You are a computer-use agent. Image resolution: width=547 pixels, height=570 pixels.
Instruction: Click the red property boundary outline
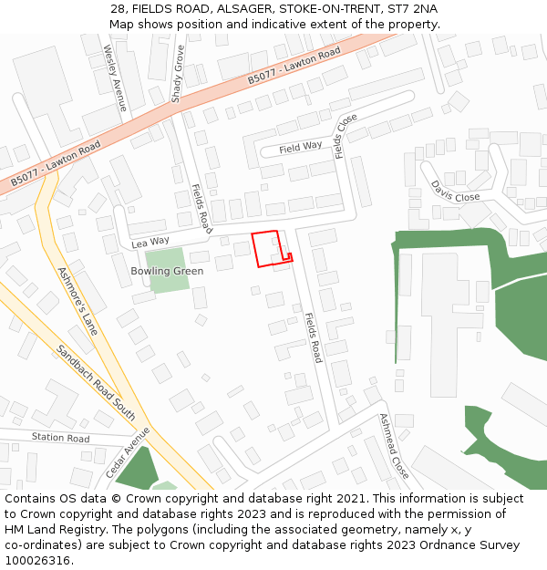pyautogui.click(x=253, y=249)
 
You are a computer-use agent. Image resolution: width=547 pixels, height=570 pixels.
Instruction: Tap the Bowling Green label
pyautogui.click(x=167, y=271)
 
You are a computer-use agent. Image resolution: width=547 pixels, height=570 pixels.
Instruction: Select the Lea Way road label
pyautogui.click(x=150, y=242)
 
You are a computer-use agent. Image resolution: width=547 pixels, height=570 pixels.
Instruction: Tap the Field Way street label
pyautogui.click(x=301, y=147)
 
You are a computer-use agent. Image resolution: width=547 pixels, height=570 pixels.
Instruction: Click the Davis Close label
pyautogui.click(x=455, y=191)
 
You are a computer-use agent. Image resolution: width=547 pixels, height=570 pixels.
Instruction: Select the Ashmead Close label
pyautogui.click(x=394, y=446)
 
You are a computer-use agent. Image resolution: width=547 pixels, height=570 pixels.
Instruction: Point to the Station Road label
pyautogui.click(x=61, y=439)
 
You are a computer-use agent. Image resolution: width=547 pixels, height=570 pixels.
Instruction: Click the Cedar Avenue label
pyautogui.click(x=127, y=452)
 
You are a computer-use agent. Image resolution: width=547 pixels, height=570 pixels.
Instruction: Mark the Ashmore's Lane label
pyautogui.click(x=77, y=301)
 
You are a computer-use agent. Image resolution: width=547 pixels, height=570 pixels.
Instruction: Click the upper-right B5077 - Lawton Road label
pyautogui.click(x=294, y=67)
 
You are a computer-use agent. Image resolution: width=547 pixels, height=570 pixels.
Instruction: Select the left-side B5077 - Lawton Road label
pyautogui.click(x=56, y=165)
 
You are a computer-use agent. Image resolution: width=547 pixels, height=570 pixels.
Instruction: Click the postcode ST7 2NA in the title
pyautogui.click(x=412, y=8)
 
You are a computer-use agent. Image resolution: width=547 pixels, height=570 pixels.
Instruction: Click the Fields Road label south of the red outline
pyautogui.click(x=313, y=337)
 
